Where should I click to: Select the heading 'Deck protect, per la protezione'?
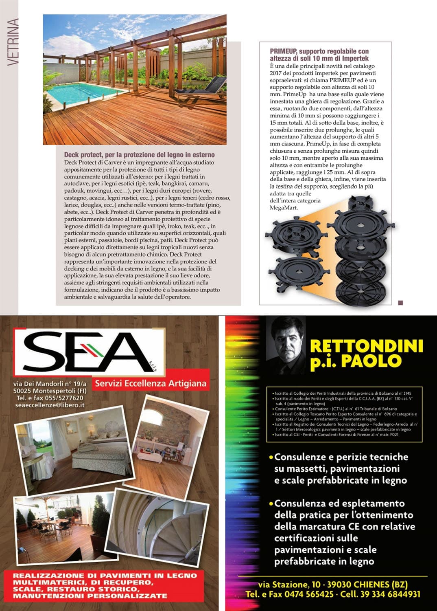pos(139,155)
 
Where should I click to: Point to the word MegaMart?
pos(284,208)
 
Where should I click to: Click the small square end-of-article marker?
pos(400,303)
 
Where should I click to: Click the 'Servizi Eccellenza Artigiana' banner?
pos(151,383)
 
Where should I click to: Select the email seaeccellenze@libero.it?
pos(50,405)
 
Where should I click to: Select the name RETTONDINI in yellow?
pos(366,346)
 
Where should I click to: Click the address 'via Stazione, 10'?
pos(289,585)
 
